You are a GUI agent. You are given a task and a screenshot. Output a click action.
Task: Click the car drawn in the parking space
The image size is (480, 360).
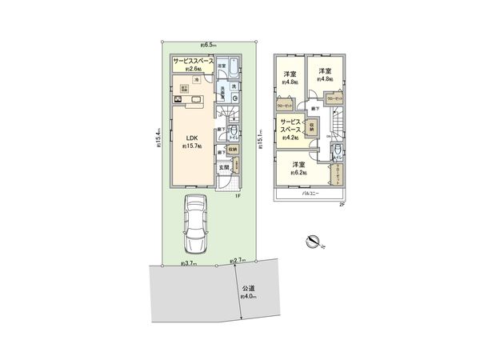pyautogui.click(x=194, y=222)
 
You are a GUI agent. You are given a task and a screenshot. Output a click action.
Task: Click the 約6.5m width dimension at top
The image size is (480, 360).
pyautogui.click(x=208, y=46)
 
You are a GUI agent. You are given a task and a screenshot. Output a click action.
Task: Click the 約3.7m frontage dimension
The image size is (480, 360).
pyautogui.click(x=189, y=262)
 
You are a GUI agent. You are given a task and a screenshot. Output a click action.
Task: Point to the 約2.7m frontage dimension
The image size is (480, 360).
pyautogui.click(x=238, y=261)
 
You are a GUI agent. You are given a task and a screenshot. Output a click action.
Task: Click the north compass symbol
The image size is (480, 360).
pyautogui.click(x=314, y=239)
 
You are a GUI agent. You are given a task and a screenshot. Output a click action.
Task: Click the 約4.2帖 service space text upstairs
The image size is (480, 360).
pyautogui.click(x=289, y=138)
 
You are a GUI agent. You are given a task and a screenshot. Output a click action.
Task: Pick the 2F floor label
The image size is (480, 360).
pyautogui.click(x=341, y=205)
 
